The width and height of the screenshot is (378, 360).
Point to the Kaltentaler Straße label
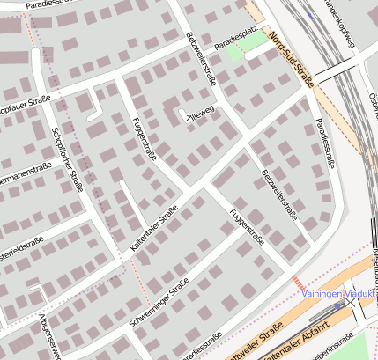[154, 231]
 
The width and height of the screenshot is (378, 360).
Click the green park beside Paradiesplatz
[235, 50]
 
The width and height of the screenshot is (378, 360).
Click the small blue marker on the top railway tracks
[310, 15]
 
